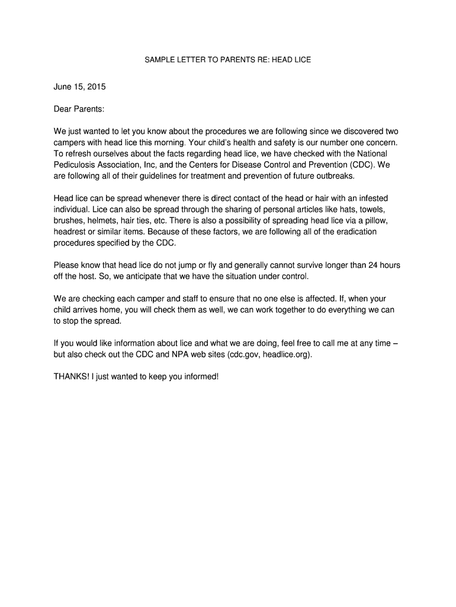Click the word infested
click(372, 198)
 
